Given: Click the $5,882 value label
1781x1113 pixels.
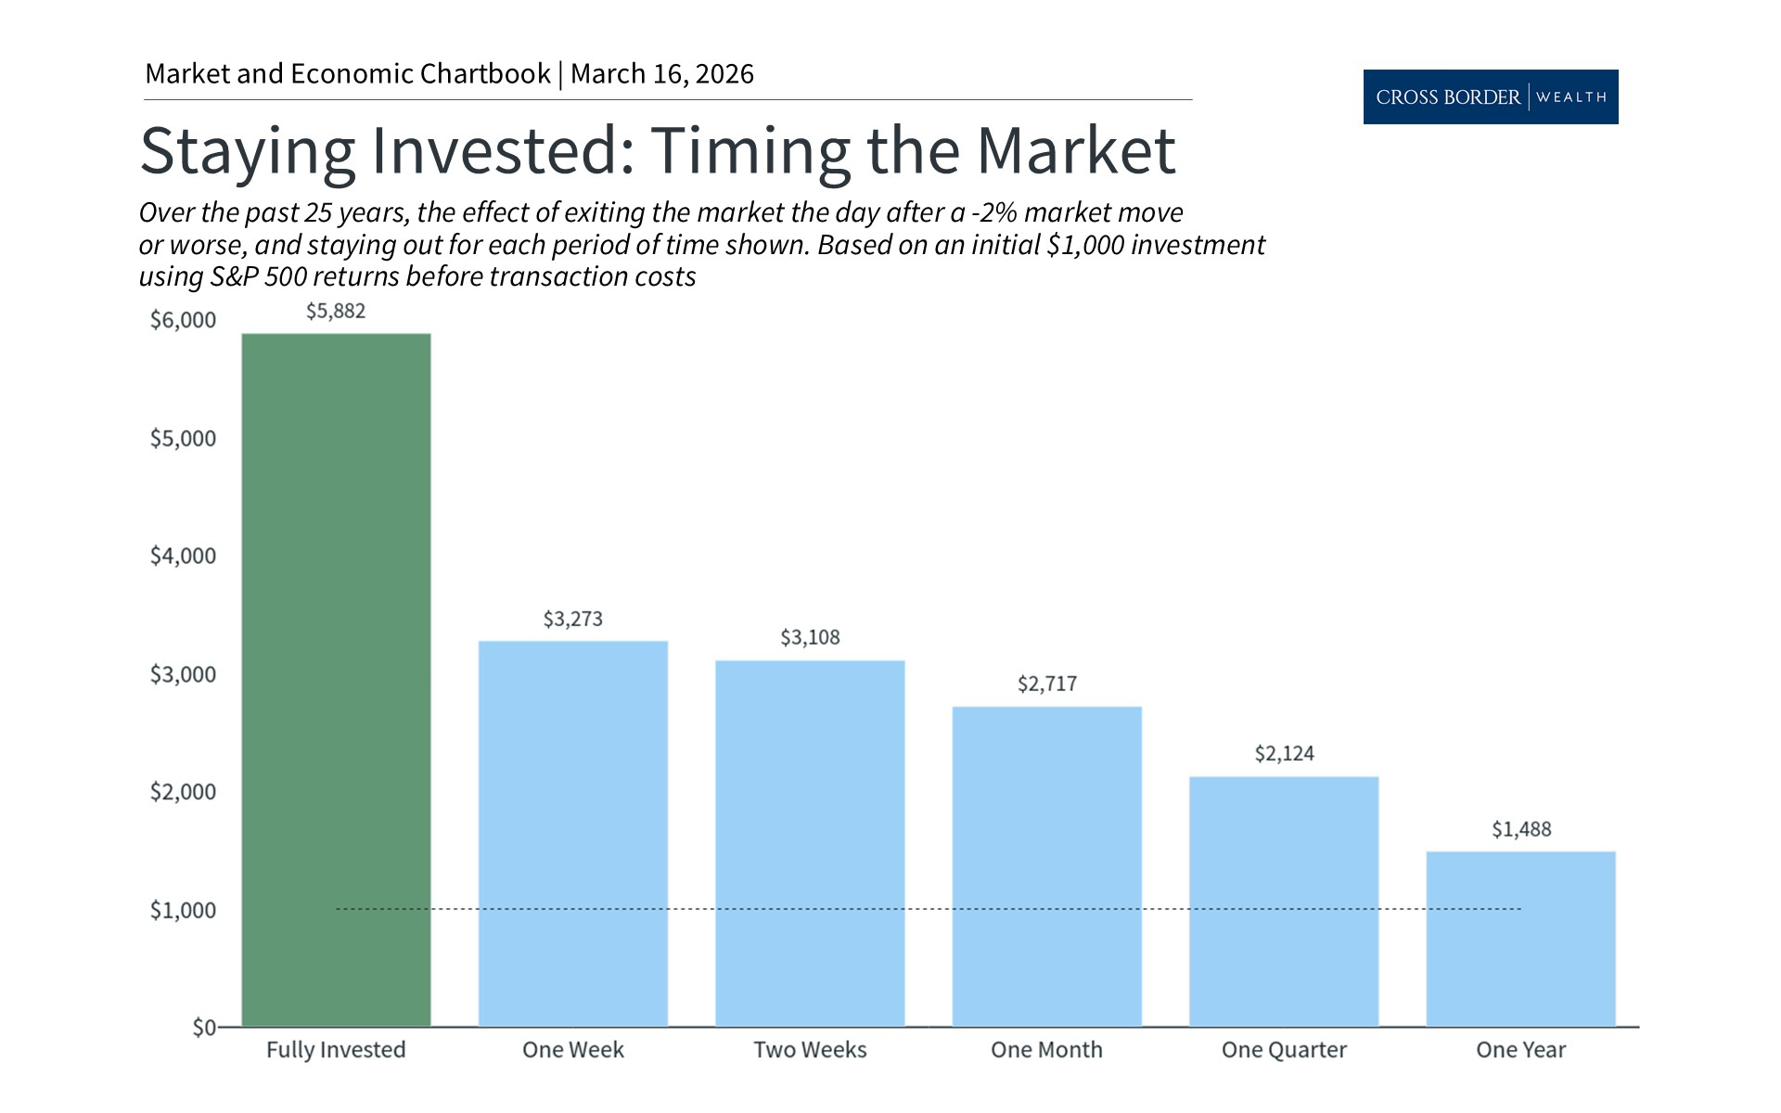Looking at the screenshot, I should (x=336, y=312).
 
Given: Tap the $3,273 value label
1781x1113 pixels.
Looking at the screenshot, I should (x=572, y=619).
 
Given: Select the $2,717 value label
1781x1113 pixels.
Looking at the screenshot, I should (x=1046, y=684).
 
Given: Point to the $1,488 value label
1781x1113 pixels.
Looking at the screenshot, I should (x=1520, y=829).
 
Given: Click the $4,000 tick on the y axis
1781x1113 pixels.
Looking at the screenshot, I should (x=183, y=556).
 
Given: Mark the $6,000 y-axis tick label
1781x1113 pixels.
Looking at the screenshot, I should (x=183, y=320).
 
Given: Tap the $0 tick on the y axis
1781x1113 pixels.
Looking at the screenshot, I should (x=204, y=1028).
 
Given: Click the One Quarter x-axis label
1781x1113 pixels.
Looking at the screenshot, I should (x=1284, y=1050).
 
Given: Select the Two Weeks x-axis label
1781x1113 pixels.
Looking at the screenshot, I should (x=810, y=1050).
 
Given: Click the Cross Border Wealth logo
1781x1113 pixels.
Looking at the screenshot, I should (x=1490, y=96).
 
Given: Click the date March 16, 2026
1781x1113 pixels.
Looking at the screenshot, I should (x=661, y=74).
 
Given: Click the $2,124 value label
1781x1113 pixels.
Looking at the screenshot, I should (x=1284, y=754).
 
